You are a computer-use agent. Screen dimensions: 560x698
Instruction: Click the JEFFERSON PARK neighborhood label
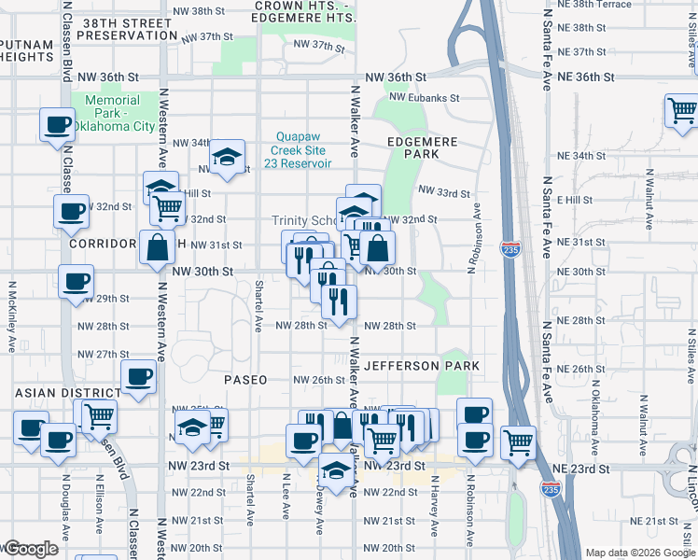[423, 366]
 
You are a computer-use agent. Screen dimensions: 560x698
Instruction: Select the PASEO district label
[245, 380]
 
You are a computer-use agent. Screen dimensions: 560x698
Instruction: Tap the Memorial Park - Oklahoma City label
[113, 113]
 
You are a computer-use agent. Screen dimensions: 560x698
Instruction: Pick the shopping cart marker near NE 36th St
[681, 109]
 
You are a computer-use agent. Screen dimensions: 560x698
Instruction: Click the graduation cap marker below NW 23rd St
[336, 469]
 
